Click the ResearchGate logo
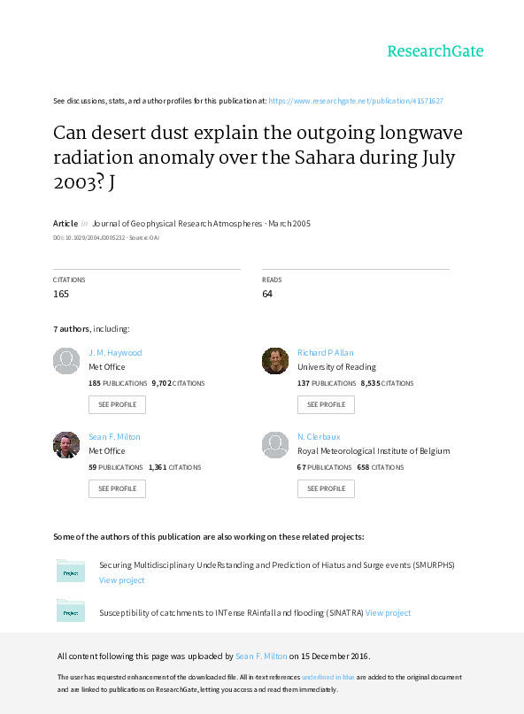point(435,51)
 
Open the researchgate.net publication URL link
point(356,101)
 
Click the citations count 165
point(61,294)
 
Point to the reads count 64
point(267,294)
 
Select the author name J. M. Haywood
point(115,352)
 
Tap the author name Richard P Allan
point(326,352)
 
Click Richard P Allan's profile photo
point(275,361)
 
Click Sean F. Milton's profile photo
point(66,445)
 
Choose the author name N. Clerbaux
point(319,437)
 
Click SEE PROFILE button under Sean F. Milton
point(117,488)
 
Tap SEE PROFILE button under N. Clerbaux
point(327,488)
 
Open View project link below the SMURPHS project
point(121,580)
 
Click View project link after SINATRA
point(389,613)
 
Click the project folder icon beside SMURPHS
point(71,571)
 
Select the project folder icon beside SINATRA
point(71,610)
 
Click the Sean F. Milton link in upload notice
point(261,656)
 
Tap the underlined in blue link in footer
point(328,677)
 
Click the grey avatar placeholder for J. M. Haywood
point(66,361)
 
